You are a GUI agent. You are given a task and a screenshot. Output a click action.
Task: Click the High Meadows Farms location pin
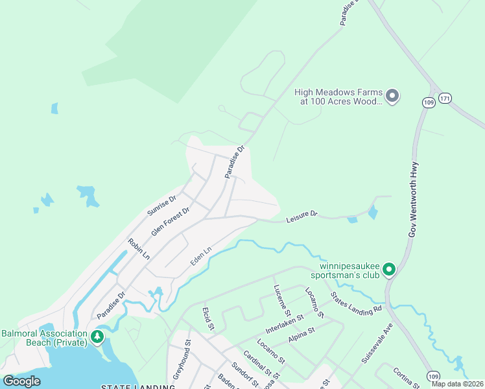click(x=392, y=97)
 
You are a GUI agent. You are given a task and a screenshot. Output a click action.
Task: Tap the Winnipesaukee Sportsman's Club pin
click(x=389, y=268)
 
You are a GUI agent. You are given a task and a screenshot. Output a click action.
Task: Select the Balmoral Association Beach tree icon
click(x=97, y=336)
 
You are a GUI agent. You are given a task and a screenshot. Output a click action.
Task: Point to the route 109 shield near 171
click(x=428, y=102)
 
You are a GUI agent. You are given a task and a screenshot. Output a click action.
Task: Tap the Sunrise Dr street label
click(x=161, y=206)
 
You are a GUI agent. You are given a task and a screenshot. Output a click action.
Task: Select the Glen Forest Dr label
click(x=170, y=221)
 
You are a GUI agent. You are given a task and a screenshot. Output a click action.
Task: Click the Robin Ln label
click(x=139, y=249)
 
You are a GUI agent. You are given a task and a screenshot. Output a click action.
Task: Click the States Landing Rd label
click(x=356, y=302)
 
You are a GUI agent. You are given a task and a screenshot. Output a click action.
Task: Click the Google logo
click(x=21, y=381)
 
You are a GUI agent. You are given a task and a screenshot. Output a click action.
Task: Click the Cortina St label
click(x=407, y=379)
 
